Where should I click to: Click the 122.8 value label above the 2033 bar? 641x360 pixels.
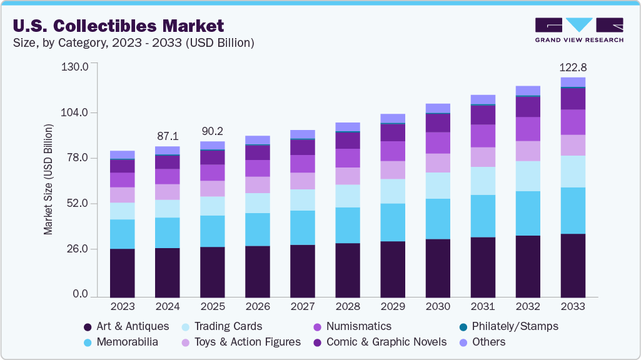tap(573, 67)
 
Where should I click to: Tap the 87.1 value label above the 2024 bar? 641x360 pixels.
tap(168, 136)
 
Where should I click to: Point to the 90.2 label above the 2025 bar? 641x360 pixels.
tap(213, 131)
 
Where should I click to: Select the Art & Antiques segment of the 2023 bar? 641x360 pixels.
tap(123, 272)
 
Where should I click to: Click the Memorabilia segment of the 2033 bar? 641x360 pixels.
tap(573, 211)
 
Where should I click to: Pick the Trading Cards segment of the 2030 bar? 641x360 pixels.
tap(438, 186)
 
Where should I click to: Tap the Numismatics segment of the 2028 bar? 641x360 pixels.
tap(348, 158)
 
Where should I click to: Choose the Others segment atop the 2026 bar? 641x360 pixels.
tap(258, 140)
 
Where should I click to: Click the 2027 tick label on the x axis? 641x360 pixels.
tap(303, 306)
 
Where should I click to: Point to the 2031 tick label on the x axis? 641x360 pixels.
tap(483, 306)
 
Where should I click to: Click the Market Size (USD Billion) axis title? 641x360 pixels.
tap(48, 180)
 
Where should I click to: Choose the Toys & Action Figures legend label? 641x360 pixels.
tap(248, 342)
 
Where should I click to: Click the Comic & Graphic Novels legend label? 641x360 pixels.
tap(396, 342)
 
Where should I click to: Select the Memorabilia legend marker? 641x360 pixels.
tap(88, 342)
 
